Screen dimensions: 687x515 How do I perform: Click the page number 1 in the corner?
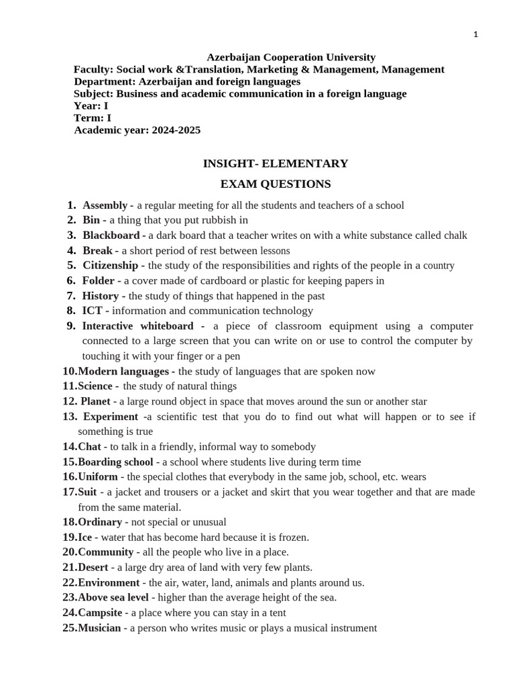475,35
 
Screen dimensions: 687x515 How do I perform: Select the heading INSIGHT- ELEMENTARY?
276,163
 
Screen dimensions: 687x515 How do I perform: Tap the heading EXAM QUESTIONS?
276,184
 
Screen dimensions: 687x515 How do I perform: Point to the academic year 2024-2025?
176,130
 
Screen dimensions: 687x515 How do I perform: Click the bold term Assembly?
105,205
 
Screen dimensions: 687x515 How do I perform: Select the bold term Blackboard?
111,235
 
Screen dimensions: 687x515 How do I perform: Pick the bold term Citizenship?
110,266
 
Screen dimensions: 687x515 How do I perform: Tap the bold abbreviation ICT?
93,311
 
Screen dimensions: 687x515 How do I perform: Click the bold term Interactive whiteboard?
137,326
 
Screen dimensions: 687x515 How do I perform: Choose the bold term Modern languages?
123,371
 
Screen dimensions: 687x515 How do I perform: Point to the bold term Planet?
95,401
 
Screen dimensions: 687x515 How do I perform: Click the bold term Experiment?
111,417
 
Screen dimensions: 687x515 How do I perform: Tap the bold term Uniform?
98,477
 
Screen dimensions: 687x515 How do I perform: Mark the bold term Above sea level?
113,598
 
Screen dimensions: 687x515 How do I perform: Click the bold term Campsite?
100,613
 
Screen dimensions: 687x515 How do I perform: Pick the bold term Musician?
99,628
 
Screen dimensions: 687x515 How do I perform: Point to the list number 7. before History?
71,296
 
